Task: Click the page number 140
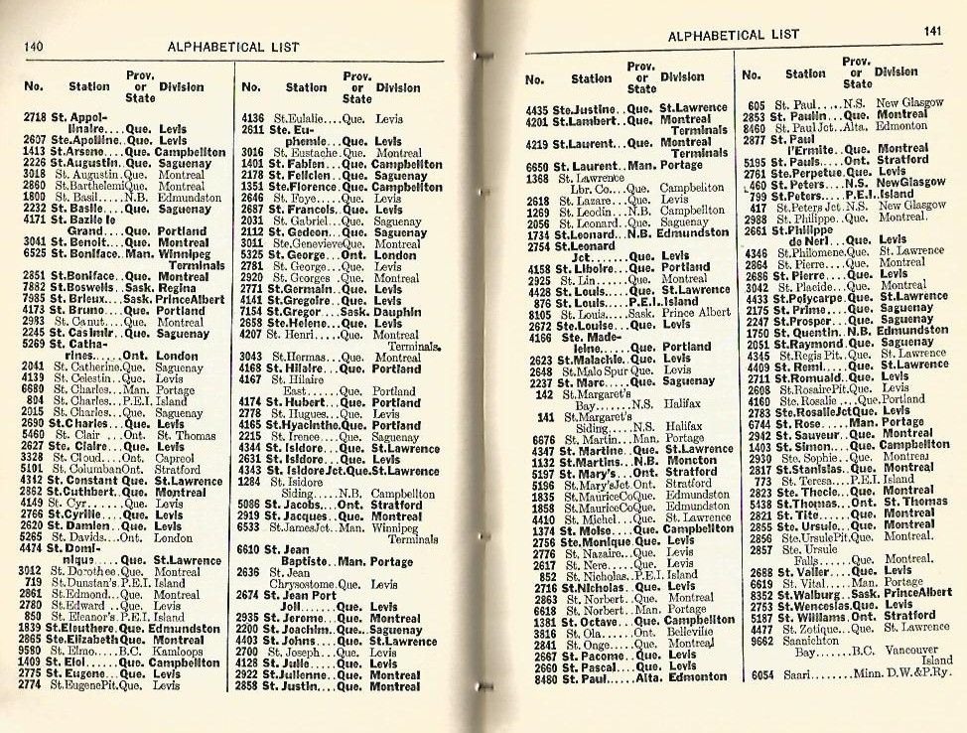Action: click(x=33, y=45)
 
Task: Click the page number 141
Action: click(x=931, y=32)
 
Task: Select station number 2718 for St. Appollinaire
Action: click(x=34, y=117)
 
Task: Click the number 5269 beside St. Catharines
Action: click(x=33, y=344)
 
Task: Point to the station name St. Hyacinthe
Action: click(x=305, y=425)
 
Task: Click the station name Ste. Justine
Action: click(x=586, y=108)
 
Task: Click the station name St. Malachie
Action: click(x=592, y=359)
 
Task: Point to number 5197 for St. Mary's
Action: click(x=539, y=474)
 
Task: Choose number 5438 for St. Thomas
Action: click(x=757, y=503)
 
